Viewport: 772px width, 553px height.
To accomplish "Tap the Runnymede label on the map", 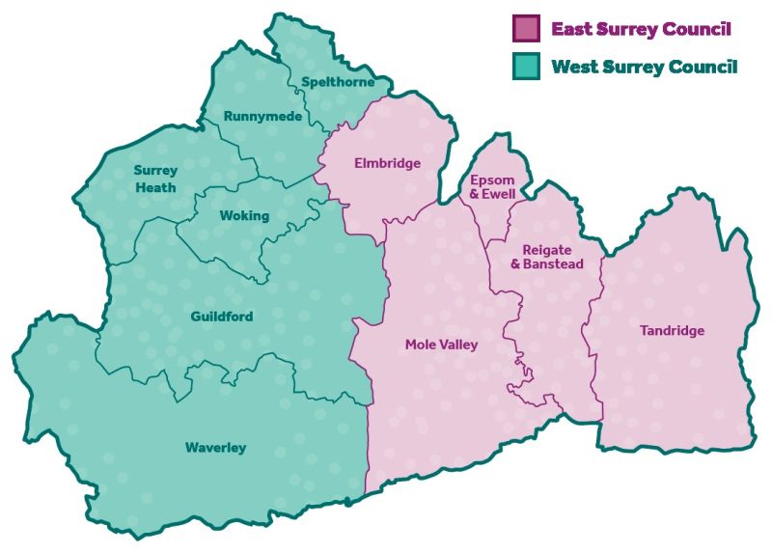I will click(x=262, y=117).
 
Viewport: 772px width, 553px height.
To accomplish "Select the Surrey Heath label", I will click(x=155, y=179).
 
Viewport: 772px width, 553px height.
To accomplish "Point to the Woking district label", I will click(x=244, y=216).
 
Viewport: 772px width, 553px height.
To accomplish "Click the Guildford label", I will click(x=222, y=317).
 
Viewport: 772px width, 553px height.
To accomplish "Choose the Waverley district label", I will click(x=215, y=448).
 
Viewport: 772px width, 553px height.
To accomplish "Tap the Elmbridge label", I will click(x=387, y=163).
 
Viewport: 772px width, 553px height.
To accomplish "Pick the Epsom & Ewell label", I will click(x=492, y=187).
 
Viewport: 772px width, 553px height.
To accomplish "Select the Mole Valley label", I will click(x=441, y=345).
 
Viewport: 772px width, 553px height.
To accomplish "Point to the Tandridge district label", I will click(x=672, y=331).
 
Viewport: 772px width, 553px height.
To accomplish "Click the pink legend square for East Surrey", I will click(x=526, y=28).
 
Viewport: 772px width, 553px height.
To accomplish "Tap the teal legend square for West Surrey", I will click(x=526, y=67).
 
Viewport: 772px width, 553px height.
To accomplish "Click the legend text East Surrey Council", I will click(x=641, y=28).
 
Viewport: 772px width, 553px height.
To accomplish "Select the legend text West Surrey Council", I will click(x=644, y=67).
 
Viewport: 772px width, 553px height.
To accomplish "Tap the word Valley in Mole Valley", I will click(x=459, y=345).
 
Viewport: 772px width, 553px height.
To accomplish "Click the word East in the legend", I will click(x=569, y=28).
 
